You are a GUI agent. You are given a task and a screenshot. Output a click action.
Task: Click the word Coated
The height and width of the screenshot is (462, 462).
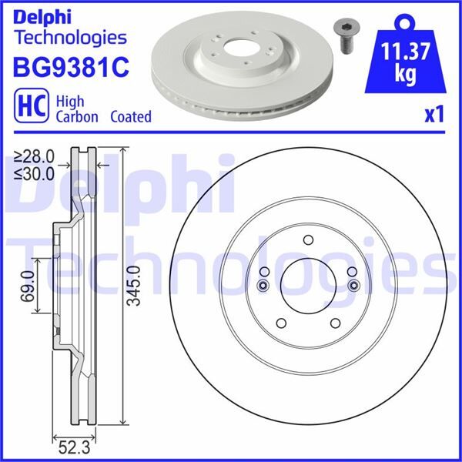pos(130,117)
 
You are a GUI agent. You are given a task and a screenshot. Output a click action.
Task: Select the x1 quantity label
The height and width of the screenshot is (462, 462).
pos(435,115)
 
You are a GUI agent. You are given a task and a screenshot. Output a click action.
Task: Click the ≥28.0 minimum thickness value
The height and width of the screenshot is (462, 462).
pos(33,156)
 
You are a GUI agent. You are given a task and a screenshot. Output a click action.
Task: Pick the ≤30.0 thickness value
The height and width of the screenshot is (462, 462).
pos(33,172)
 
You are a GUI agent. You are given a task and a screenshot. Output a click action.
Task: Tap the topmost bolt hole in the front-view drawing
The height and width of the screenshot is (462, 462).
pos(308,240)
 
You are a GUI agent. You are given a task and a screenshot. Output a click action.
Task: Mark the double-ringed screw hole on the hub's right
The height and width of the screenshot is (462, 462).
pos(353,286)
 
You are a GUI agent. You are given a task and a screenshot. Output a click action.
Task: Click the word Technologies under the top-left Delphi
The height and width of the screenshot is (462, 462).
pos(70,36)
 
